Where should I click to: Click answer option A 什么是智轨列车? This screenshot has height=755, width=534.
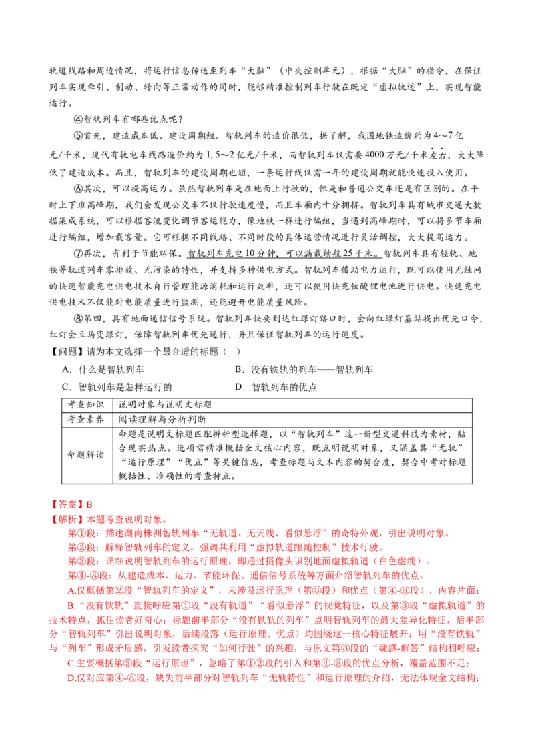tap(103, 369)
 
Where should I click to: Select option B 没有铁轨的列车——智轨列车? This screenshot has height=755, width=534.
tap(304, 369)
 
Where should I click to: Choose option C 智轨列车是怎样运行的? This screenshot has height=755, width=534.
tap(117, 387)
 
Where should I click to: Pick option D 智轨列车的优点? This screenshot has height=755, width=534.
tap(276, 387)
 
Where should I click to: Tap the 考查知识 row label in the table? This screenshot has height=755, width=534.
tap(86, 404)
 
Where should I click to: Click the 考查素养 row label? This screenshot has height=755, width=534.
tap(86, 420)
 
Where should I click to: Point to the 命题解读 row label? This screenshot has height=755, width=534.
tap(86, 455)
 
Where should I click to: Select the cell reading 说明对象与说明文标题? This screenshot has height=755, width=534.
tap(166, 404)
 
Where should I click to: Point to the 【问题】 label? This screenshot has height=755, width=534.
tap(67, 352)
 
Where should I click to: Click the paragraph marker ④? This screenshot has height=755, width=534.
tap(79, 119)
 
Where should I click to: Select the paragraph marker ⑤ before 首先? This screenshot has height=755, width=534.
tap(79, 136)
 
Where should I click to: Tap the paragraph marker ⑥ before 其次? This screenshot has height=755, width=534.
tap(79, 189)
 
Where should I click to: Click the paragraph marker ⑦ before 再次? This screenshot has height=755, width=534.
tap(79, 253)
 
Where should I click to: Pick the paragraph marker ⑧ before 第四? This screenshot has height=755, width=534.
tap(79, 319)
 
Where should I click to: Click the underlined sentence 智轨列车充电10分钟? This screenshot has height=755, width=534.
tap(284, 253)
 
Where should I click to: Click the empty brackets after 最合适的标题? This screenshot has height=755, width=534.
tap(232, 352)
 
